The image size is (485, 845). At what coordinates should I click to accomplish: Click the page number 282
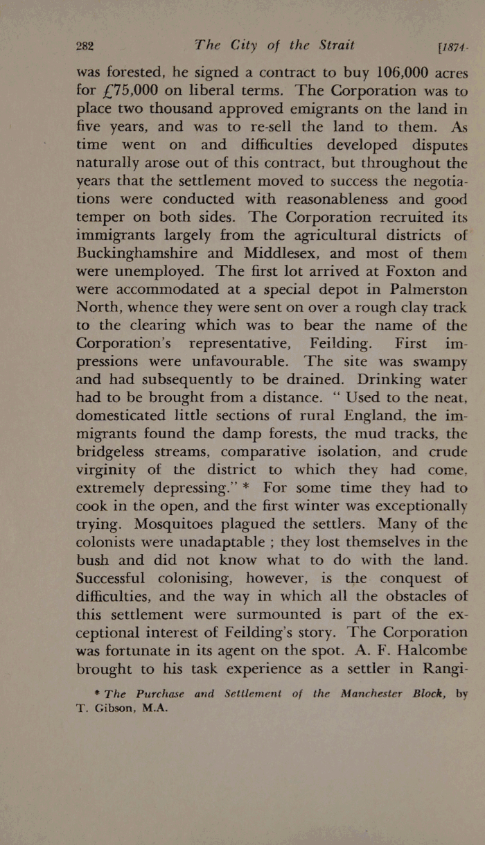[85, 46]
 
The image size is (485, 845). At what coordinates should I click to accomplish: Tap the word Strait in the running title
[332, 46]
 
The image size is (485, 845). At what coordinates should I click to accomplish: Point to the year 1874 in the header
[452, 47]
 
